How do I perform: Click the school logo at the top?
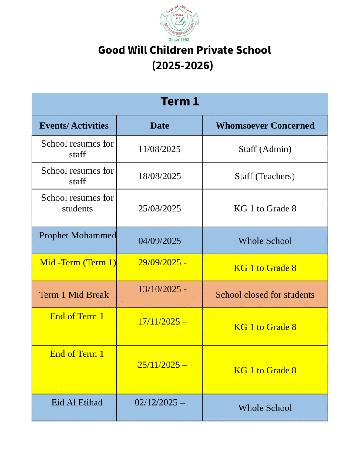pos(179,23)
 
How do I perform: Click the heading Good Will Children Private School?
pos(184,50)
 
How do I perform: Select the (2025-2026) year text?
pos(183,66)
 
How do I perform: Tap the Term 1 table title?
pos(180,101)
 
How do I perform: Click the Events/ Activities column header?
pos(74,126)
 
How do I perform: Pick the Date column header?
pos(160,126)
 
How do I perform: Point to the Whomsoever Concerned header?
pos(265,126)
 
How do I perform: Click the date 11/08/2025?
pos(160,149)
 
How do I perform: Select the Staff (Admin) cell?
pos(265,149)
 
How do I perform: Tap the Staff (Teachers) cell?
pos(265,176)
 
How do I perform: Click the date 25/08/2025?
pos(160,208)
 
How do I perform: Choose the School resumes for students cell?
pos(77,203)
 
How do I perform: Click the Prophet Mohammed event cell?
pos(77,235)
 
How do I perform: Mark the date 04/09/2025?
pos(160,241)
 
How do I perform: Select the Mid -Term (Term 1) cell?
pos(78,262)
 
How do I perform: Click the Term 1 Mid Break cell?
pos(74,295)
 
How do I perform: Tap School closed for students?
pos(265,295)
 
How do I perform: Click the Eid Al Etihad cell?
pos(77,402)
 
